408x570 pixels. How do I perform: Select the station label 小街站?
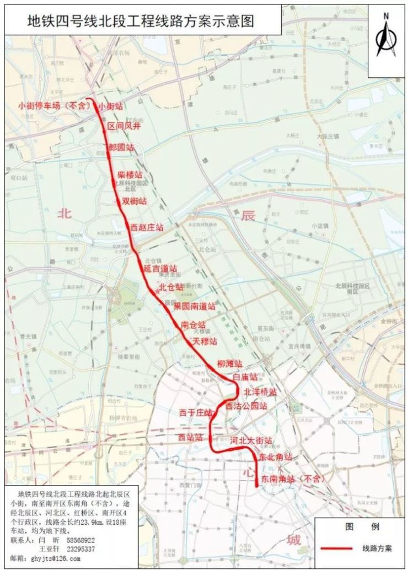click(111, 106)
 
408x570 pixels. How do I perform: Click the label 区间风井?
click(122, 126)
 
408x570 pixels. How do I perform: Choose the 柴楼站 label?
click(130, 174)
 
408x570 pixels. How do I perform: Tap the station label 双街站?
click(134, 200)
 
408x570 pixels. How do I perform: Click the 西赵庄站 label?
click(147, 227)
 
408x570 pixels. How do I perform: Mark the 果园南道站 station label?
click(194, 306)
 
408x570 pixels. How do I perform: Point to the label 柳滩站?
click(230, 364)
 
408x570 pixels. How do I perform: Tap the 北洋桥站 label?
click(260, 392)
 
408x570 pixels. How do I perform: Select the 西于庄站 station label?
click(195, 413)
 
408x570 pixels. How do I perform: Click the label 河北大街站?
click(251, 441)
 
